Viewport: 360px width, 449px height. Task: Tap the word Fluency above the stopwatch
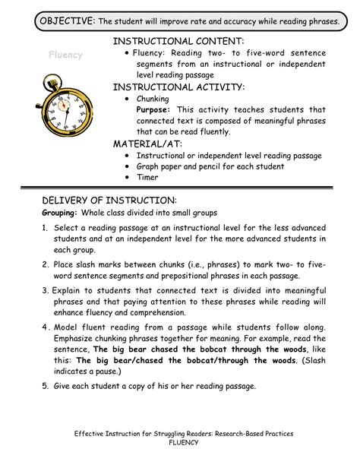pyautogui.click(x=66, y=55)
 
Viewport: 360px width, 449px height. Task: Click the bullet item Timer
pyautogui.click(x=147, y=177)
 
